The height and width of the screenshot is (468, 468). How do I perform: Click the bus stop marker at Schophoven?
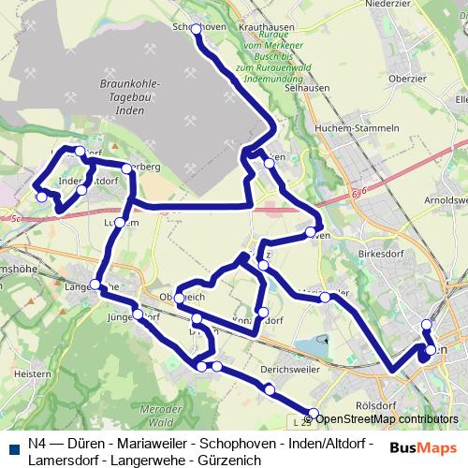coord(197,29)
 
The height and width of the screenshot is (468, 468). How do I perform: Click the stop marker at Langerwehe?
coord(96,285)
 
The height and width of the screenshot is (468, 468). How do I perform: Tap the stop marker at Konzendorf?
coord(262,312)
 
